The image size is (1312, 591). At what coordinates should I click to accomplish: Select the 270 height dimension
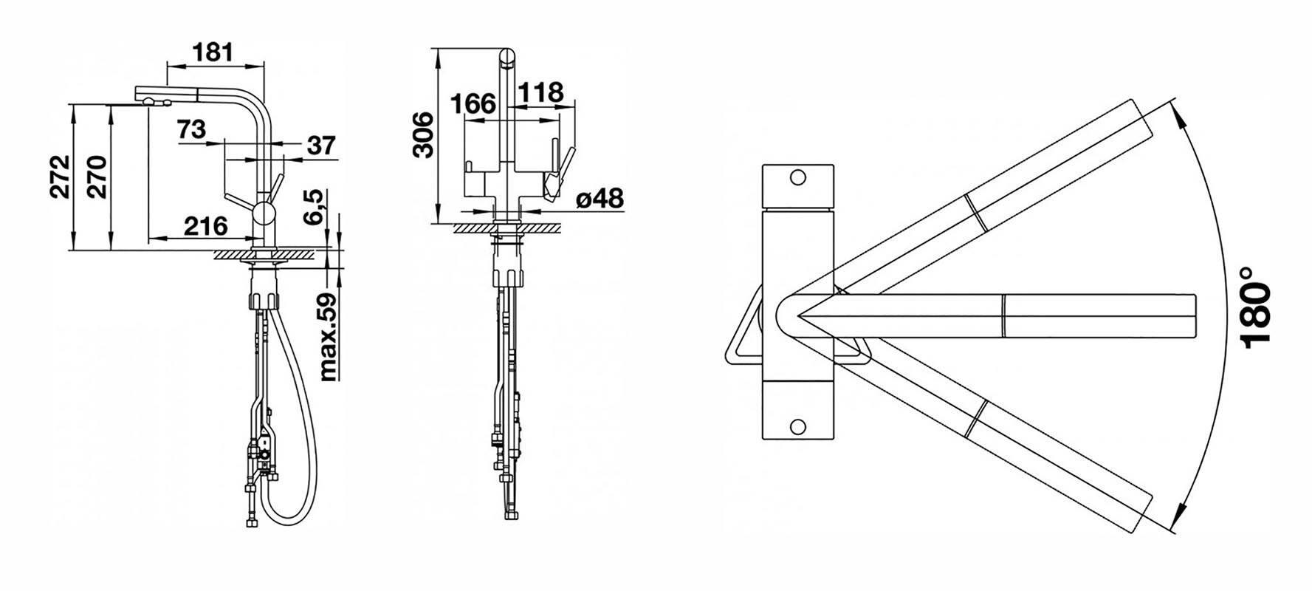97,177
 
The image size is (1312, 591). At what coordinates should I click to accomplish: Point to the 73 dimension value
192,129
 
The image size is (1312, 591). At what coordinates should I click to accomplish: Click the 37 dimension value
321,146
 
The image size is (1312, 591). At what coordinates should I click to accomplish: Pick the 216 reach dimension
205,225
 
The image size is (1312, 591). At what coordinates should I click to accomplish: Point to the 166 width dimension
473,103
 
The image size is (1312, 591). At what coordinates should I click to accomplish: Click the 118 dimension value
540,92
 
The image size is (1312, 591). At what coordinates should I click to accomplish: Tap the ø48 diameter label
599,198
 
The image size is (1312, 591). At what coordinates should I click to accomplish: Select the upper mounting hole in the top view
797,177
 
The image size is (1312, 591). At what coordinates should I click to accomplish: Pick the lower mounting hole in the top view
797,426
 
